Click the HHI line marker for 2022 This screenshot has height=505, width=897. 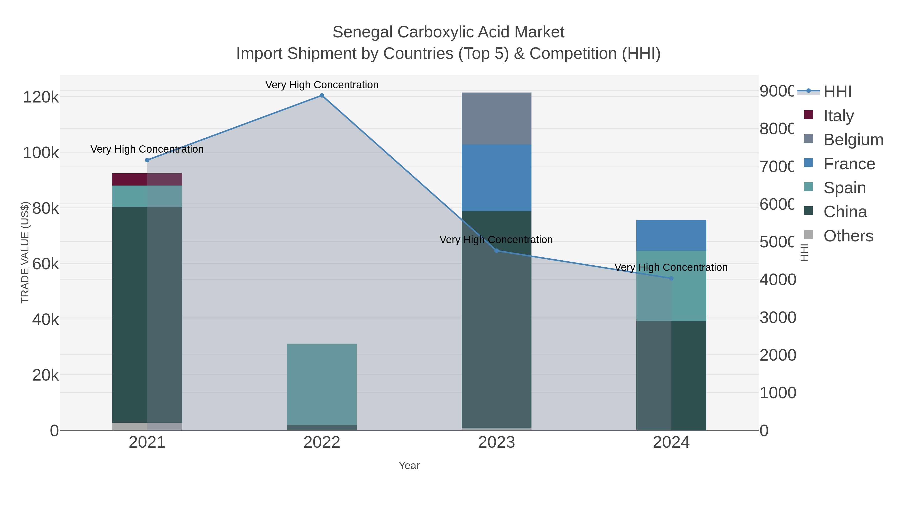pyautogui.click(x=322, y=96)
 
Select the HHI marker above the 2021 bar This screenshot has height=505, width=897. pyautogui.click(x=147, y=160)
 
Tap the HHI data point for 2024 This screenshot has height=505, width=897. pyautogui.click(x=671, y=278)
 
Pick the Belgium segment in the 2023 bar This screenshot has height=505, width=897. pyautogui.click(x=496, y=118)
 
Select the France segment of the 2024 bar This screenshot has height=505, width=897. pyautogui.click(x=671, y=235)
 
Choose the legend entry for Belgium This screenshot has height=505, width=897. pyautogui.click(x=853, y=139)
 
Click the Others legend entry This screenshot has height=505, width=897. pyautogui.click(x=848, y=236)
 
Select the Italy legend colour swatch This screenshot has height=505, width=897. pyautogui.click(x=809, y=115)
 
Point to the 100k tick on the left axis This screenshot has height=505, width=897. pyautogui.click(x=41, y=153)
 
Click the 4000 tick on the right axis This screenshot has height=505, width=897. pyautogui.click(x=778, y=280)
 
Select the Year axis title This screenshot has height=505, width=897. pyautogui.click(x=409, y=466)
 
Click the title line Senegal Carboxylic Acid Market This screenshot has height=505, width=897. pyautogui.click(x=448, y=32)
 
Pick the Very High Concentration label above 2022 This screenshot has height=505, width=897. pyautogui.click(x=322, y=85)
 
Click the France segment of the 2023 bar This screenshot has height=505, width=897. pyautogui.click(x=496, y=178)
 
